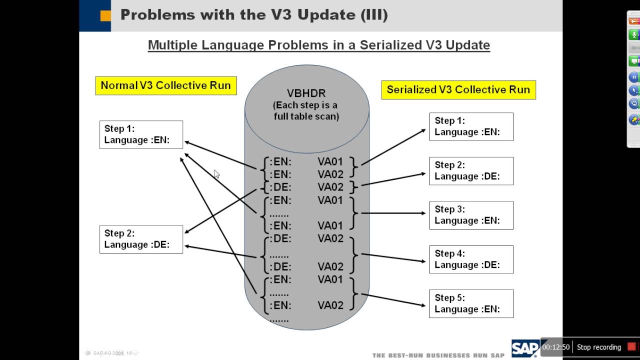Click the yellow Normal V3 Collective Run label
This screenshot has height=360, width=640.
pyautogui.click(x=166, y=85)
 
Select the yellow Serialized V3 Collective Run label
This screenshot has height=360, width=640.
pyautogui.click(x=458, y=90)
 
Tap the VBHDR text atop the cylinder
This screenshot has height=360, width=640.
pyautogui.click(x=306, y=93)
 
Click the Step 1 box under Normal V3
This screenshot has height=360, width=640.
pyautogui.click(x=141, y=134)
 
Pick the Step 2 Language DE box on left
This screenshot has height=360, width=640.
pyautogui.click(x=141, y=239)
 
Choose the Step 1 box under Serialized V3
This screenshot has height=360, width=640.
pyautogui.click(x=471, y=126)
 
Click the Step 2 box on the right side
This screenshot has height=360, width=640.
pyautogui.click(x=471, y=171)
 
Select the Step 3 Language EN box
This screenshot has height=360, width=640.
pyautogui.click(x=471, y=215)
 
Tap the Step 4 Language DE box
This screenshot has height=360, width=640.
pyautogui.click(x=471, y=259)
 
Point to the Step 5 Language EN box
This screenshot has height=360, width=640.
pyautogui.click(x=471, y=303)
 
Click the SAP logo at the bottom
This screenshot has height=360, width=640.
pyautogui.click(x=525, y=348)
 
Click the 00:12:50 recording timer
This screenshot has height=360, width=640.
pyautogui.click(x=556, y=347)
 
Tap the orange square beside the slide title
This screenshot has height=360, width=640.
pyautogui.click(x=105, y=15)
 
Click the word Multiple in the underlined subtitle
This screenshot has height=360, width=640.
pyautogui.click(x=173, y=45)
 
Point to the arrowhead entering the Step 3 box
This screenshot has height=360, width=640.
pyautogui.click(x=423, y=213)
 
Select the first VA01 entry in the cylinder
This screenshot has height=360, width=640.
pyautogui.click(x=330, y=161)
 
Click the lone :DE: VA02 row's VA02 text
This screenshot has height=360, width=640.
pyautogui.click(x=330, y=187)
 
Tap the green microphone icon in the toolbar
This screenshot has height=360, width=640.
pyautogui.click(x=634, y=34)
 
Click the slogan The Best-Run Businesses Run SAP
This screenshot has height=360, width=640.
pyautogui.click(x=438, y=355)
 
